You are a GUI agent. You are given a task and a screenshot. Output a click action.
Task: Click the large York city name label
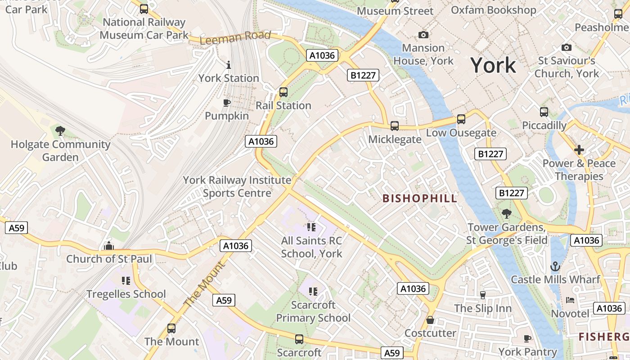[x=493, y=66]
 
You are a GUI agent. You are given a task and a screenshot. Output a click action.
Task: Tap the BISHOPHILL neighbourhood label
[x=419, y=198]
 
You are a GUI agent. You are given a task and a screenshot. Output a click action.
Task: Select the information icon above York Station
[x=229, y=65]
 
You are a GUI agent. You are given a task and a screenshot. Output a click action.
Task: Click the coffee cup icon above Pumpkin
[x=227, y=103]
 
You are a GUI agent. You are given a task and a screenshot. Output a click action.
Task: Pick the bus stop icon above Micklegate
[x=395, y=126]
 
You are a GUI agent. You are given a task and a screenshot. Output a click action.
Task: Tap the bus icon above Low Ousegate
[x=461, y=119]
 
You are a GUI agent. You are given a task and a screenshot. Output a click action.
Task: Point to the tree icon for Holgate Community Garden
[x=60, y=131]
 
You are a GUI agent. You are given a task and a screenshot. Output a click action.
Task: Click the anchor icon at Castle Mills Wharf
[x=555, y=266]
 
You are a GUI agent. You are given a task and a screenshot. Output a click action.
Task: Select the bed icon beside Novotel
[x=570, y=300]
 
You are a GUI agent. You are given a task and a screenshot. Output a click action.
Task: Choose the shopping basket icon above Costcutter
[x=430, y=320]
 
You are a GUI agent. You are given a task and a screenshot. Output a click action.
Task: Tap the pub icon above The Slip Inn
[x=483, y=295]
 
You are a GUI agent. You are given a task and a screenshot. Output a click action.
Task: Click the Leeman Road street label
[x=235, y=38]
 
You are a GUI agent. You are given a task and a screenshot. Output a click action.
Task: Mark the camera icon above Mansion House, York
[x=423, y=35]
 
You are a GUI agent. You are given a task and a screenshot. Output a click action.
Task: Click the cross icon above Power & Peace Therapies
[x=579, y=150]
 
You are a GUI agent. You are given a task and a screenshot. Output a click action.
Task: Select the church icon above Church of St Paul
[x=108, y=246]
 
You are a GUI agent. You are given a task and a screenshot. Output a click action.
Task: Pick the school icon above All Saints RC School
[x=311, y=228]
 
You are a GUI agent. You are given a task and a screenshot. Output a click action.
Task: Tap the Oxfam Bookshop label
[x=493, y=10]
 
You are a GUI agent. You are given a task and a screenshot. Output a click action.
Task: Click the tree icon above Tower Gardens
[x=507, y=214]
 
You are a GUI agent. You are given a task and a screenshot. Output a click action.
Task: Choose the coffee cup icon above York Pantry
[x=527, y=338]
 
